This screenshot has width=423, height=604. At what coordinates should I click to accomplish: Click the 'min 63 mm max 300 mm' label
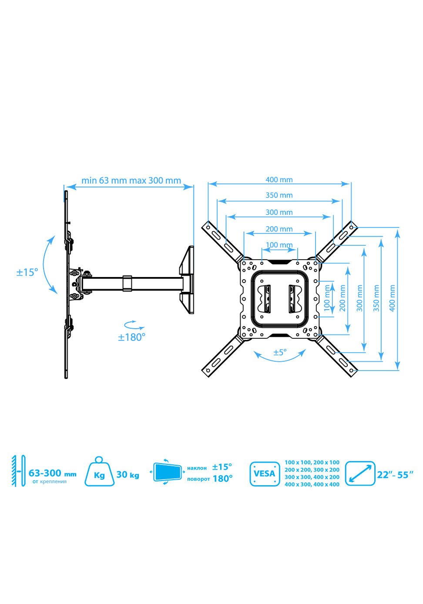pyautogui.click(x=131, y=180)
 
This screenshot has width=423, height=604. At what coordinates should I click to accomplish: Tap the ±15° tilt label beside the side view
pyautogui.click(x=27, y=272)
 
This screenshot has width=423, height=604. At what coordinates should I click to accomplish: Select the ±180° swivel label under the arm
pyautogui.click(x=132, y=337)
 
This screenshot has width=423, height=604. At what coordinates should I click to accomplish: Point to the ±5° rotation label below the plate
pyautogui.click(x=280, y=352)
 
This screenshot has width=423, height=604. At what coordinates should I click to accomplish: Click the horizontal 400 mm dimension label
pyautogui.click(x=279, y=180)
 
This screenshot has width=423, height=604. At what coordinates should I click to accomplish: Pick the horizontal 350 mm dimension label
pyautogui.click(x=279, y=195)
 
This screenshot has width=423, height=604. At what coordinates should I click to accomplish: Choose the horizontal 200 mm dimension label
pyautogui.click(x=279, y=229)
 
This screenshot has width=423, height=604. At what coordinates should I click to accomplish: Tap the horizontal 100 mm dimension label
pyautogui.click(x=279, y=245)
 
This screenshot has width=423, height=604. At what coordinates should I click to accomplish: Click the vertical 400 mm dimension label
pyautogui.click(x=393, y=298)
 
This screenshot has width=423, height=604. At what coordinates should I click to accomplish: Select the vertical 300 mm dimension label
pyautogui.click(x=359, y=298)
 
